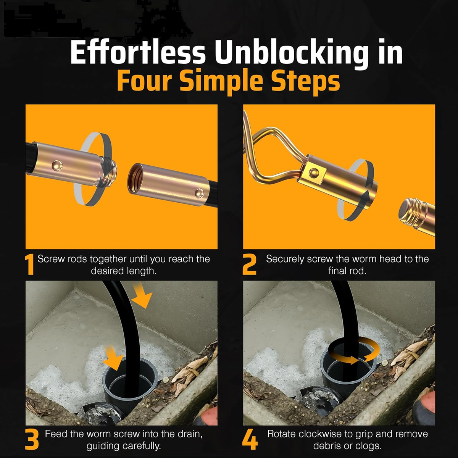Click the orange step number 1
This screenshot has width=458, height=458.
point(30,265)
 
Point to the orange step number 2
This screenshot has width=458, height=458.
point(249,264)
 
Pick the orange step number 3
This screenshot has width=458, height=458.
point(32,440)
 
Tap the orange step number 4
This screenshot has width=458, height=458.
point(250,440)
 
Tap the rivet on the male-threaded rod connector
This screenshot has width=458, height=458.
point(57,165)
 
